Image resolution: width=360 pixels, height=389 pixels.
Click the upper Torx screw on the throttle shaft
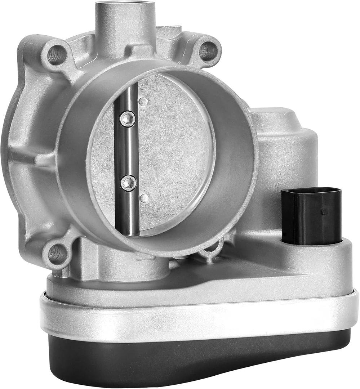[128, 119]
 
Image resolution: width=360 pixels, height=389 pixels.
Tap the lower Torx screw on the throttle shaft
[128, 183]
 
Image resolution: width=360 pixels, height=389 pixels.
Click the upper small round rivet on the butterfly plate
[144, 102]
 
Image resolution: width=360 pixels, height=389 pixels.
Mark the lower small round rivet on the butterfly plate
[144, 198]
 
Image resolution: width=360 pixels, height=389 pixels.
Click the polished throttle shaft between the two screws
[127, 151]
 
